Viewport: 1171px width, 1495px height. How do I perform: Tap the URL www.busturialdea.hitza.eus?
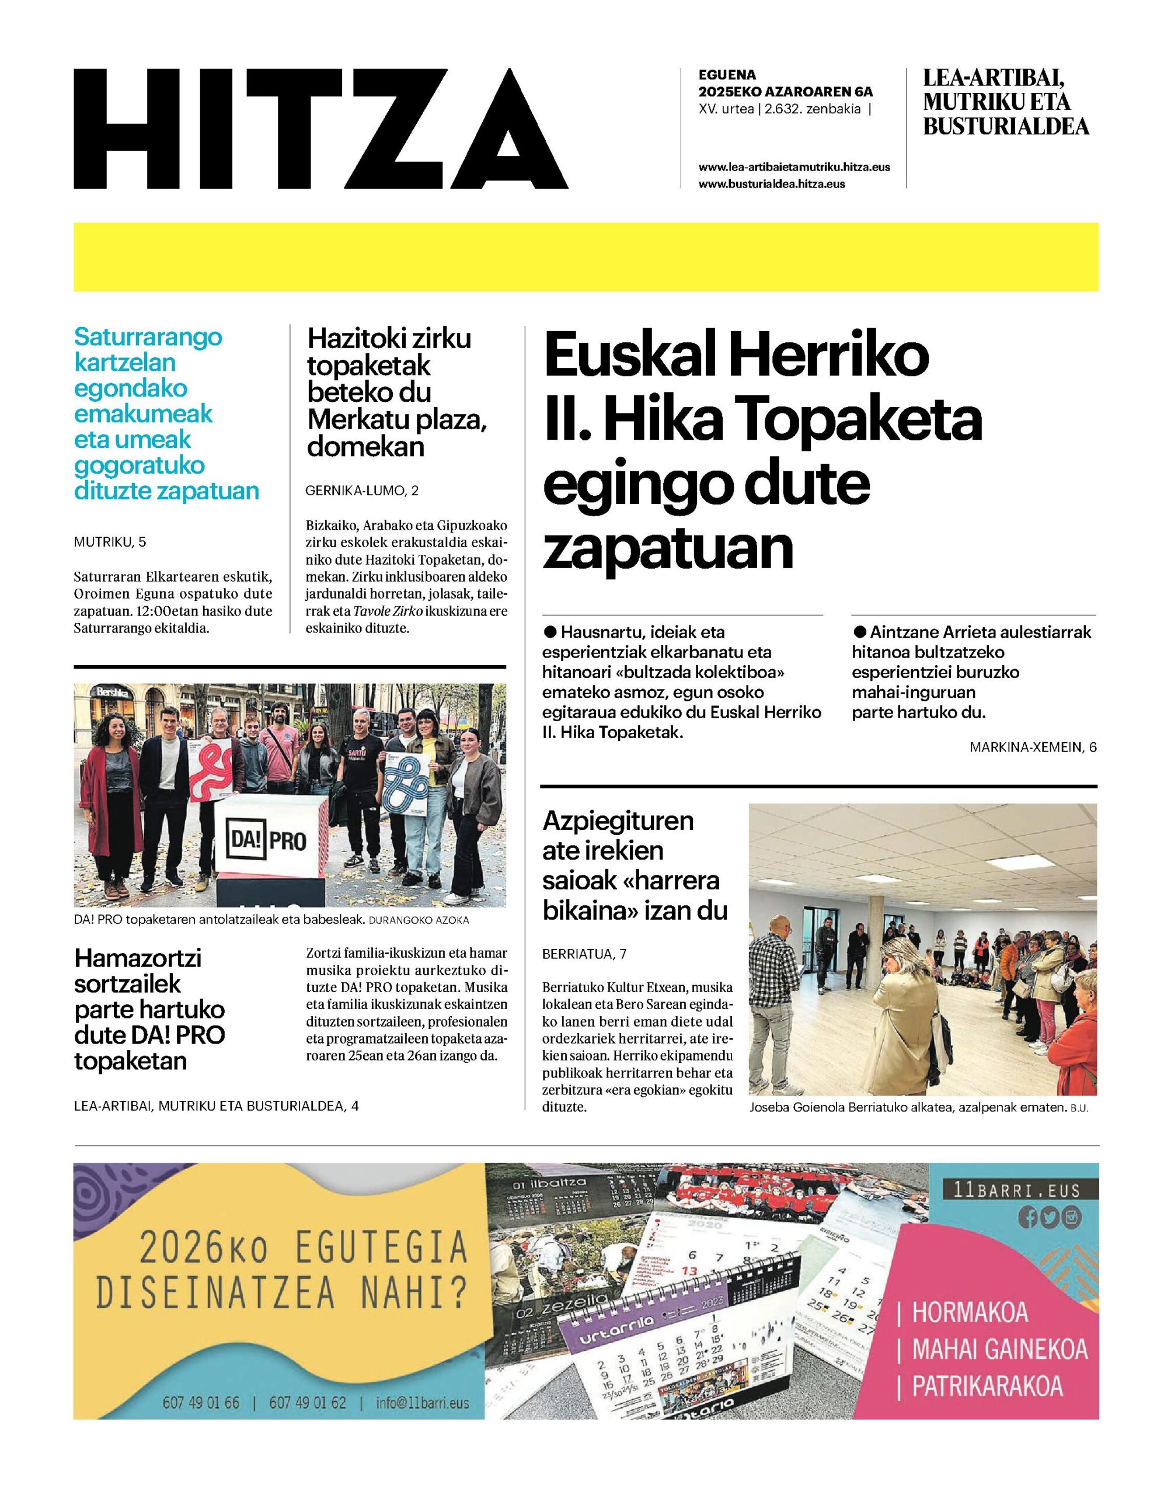[x=771, y=184]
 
